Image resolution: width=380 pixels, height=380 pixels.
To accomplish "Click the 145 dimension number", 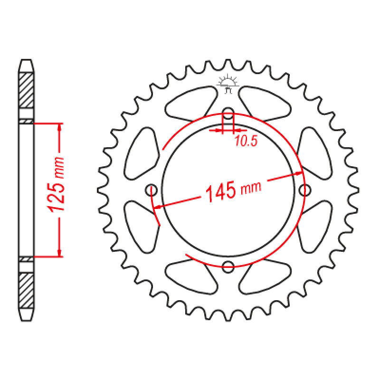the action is tap(220, 191).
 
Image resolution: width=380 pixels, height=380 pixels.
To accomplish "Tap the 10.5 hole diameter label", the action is tap(246, 141).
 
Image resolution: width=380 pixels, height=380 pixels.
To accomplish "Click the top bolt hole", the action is tap(228, 113).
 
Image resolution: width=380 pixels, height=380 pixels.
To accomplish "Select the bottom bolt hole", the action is tap(228, 267).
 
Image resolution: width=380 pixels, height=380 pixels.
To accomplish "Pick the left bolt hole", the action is tap(151, 190).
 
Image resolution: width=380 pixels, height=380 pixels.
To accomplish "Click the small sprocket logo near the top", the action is tap(228, 84).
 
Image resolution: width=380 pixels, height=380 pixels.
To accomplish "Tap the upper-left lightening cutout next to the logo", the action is tap(191, 104).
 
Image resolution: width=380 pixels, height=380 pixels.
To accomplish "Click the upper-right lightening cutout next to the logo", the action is tap(265, 104).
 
